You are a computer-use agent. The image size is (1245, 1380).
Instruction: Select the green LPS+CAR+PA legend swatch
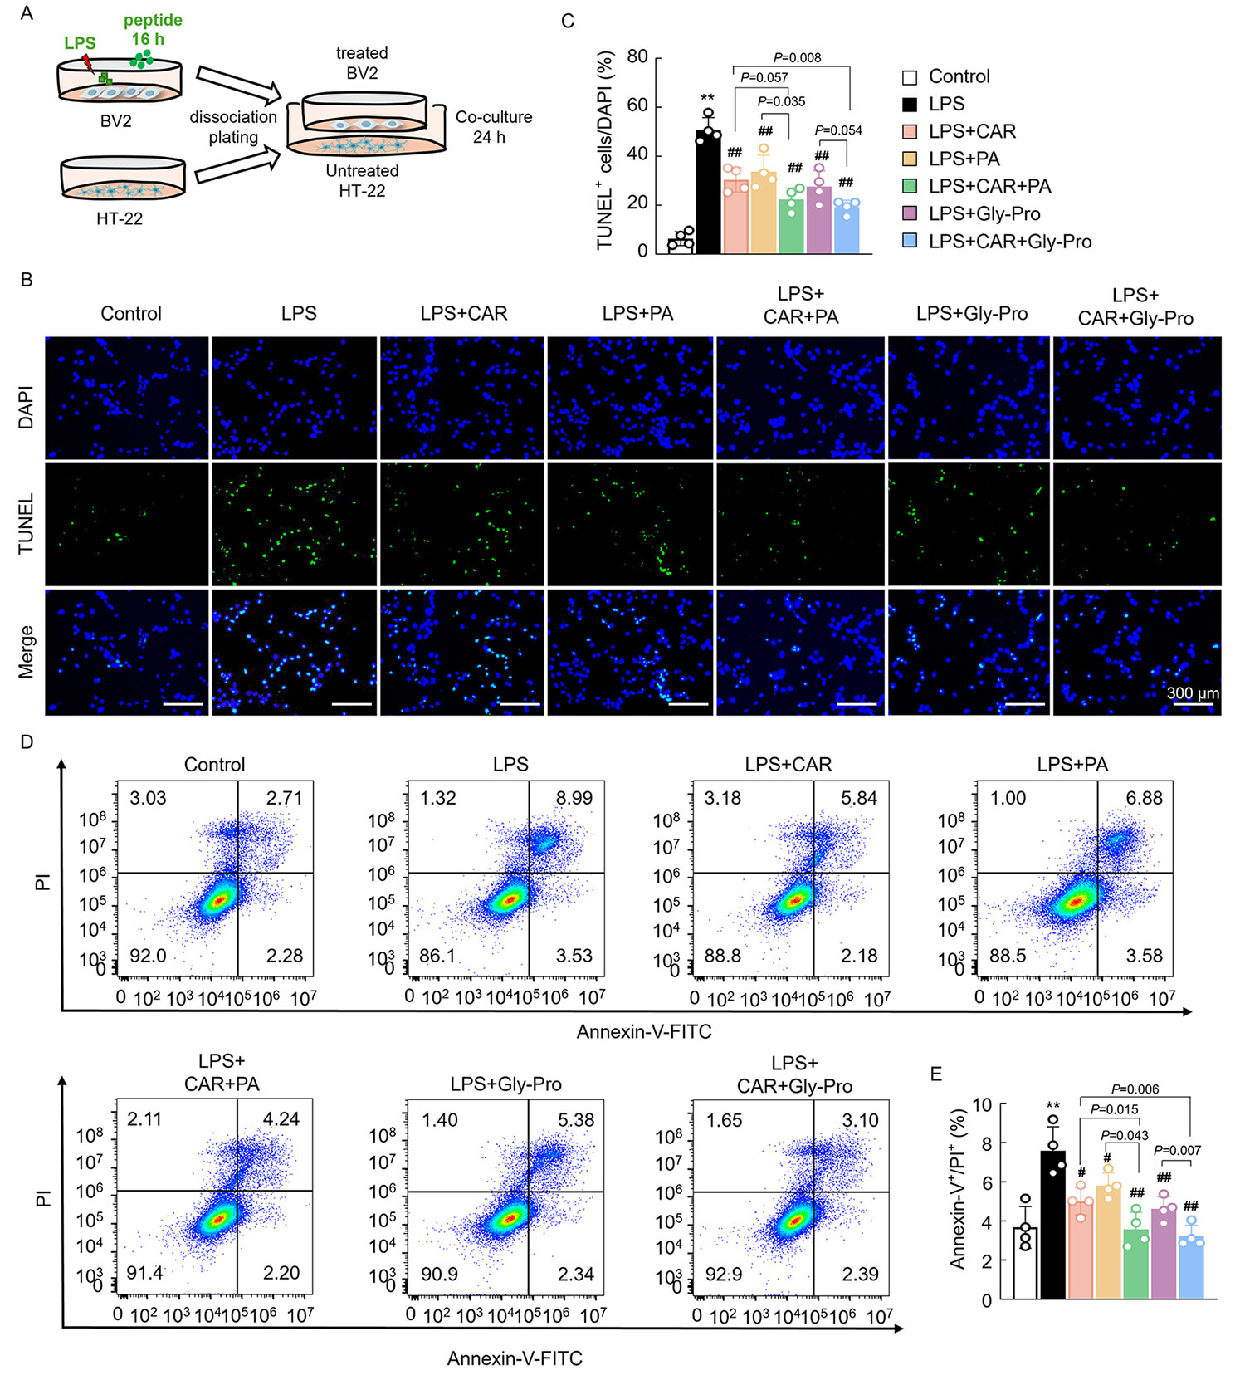click(x=910, y=186)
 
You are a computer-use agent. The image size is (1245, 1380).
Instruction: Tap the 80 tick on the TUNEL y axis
click(x=637, y=56)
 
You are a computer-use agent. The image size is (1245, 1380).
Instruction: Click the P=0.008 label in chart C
click(x=797, y=57)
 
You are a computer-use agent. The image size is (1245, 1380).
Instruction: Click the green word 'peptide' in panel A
click(x=153, y=20)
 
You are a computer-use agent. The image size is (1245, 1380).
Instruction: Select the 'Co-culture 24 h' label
click(x=493, y=127)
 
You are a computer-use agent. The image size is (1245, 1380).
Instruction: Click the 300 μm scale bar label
click(x=1193, y=692)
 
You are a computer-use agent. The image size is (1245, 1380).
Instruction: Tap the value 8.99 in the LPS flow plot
click(x=574, y=798)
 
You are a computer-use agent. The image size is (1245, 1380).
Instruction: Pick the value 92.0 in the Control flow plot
click(x=148, y=956)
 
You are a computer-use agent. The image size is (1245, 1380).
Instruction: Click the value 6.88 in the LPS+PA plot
click(x=1144, y=798)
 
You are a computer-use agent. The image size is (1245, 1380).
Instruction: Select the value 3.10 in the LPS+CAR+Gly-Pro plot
click(x=860, y=1120)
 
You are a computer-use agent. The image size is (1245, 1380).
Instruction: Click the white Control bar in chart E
click(x=1025, y=1263)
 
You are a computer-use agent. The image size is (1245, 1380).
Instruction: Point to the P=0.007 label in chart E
click(x=1177, y=1150)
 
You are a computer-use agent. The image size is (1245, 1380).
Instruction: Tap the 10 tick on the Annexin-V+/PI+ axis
click(x=982, y=1105)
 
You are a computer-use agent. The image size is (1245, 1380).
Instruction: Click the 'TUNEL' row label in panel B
click(x=26, y=524)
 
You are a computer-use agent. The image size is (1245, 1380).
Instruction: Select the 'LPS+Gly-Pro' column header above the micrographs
click(x=971, y=314)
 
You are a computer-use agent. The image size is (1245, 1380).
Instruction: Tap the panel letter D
click(x=27, y=741)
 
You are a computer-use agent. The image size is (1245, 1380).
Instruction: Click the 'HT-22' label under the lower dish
click(x=120, y=219)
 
